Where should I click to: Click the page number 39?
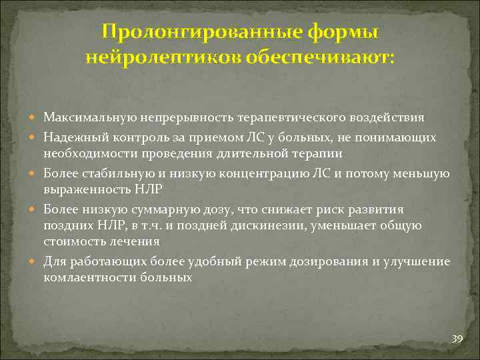pos(457,339)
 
